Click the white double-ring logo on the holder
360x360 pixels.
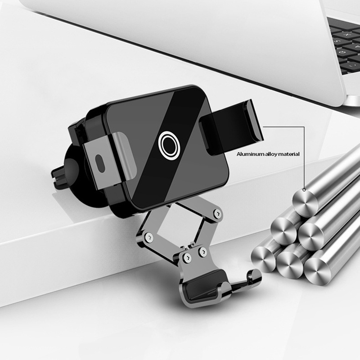(x=169, y=144)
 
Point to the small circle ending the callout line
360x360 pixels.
(x=304, y=189)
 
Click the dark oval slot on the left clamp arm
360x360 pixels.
(x=100, y=163)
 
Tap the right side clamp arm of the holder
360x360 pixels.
(x=231, y=127)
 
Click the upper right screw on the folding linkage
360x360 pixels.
(x=216, y=213)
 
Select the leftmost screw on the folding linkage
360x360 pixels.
(x=148, y=237)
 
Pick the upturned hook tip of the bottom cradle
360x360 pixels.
(x=254, y=275)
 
